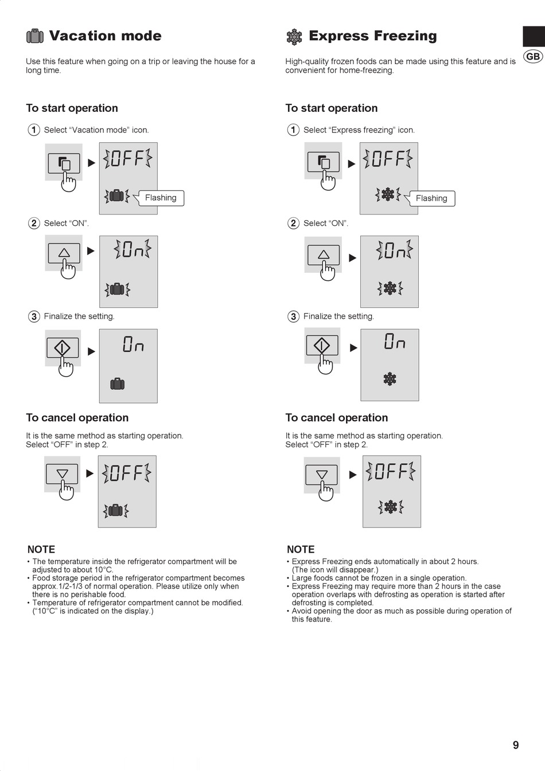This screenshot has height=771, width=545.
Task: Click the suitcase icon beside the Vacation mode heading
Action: coord(35,36)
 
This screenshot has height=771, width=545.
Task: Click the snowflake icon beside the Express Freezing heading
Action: coord(294,37)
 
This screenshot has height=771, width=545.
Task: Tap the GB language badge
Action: coord(533,56)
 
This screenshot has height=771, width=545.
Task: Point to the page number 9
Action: coord(516,745)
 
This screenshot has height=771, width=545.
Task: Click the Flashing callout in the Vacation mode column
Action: coord(161,198)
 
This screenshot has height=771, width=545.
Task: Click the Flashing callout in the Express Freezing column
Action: coord(431,198)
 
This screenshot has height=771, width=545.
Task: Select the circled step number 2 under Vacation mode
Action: coord(34,223)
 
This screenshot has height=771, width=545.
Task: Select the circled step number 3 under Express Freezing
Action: coord(293,316)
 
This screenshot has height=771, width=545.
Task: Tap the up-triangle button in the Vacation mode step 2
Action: coord(64,253)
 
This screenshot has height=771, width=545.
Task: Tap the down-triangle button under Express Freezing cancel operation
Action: coord(321,475)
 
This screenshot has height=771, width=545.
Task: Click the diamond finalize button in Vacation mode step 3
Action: coord(63,347)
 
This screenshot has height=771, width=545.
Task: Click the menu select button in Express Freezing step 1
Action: coord(323,162)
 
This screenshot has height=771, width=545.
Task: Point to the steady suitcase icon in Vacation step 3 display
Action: coord(118,383)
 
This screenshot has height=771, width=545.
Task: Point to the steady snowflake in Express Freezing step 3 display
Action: coord(390,379)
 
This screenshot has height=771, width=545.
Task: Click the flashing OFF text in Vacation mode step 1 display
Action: coord(127,158)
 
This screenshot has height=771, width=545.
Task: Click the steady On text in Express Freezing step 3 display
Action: coord(395,341)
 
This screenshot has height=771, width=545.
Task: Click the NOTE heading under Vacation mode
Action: coord(41,549)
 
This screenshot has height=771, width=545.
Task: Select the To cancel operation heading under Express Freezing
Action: coord(337,417)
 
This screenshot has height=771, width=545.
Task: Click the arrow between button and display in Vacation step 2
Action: coord(91,251)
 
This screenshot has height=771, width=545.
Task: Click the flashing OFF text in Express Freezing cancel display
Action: coord(391,471)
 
